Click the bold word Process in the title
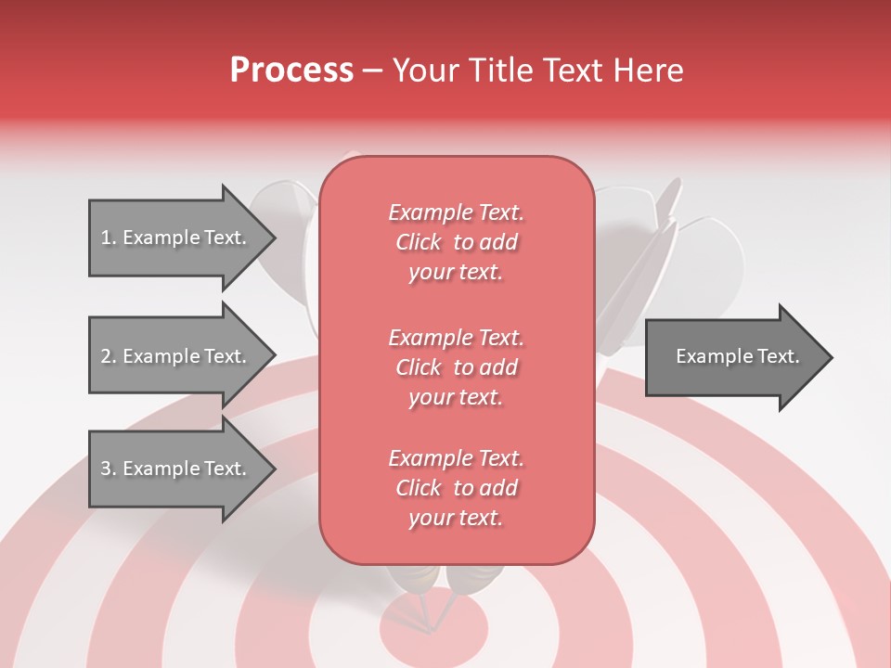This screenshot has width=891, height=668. pos(291,71)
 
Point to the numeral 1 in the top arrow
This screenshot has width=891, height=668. pos(105,238)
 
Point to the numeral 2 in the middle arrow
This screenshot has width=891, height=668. pos(106,356)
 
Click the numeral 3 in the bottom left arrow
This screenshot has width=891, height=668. pos(106,469)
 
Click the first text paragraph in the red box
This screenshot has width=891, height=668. pos(456,242)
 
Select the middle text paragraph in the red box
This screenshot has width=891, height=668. pos(456,367)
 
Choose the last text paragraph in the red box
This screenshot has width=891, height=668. pos(456,488)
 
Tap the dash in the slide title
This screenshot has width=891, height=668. pos(373,71)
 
